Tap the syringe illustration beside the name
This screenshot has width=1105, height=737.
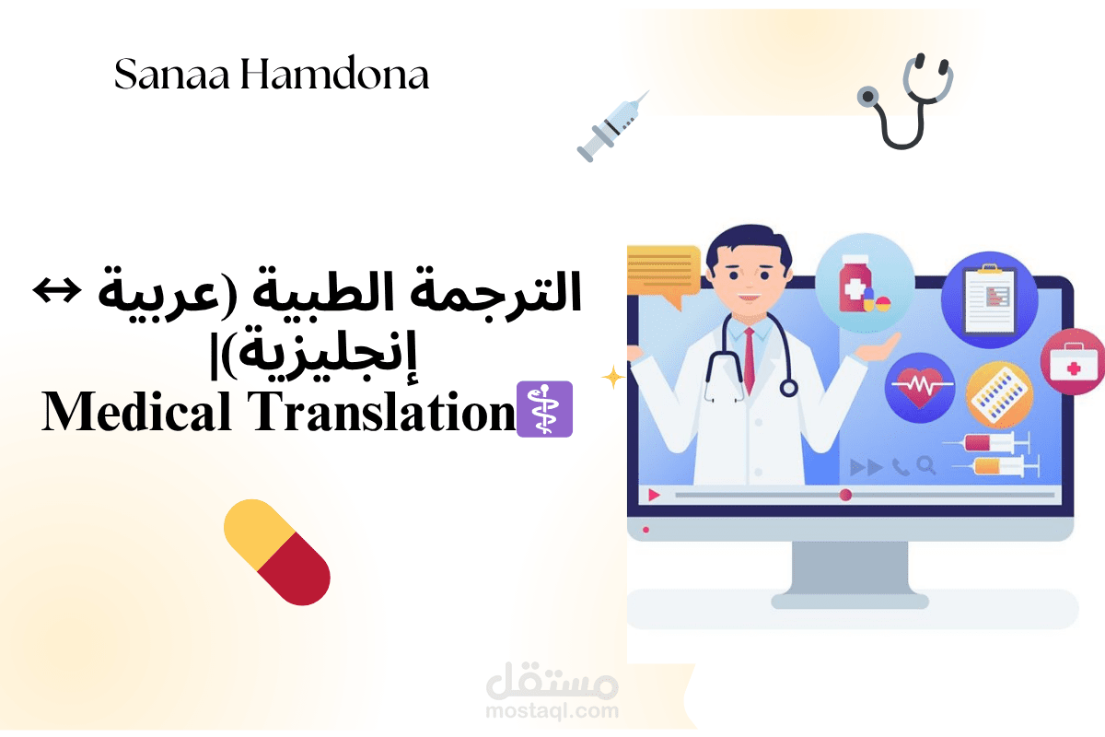tap(612, 126)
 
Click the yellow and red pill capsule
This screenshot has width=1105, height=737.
tap(277, 552)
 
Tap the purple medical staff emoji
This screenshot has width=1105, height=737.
tap(546, 409)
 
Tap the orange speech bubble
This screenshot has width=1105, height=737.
tap(662, 273)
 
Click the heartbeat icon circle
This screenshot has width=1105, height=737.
tap(918, 386)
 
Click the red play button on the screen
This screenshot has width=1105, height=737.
tap(654, 495)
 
